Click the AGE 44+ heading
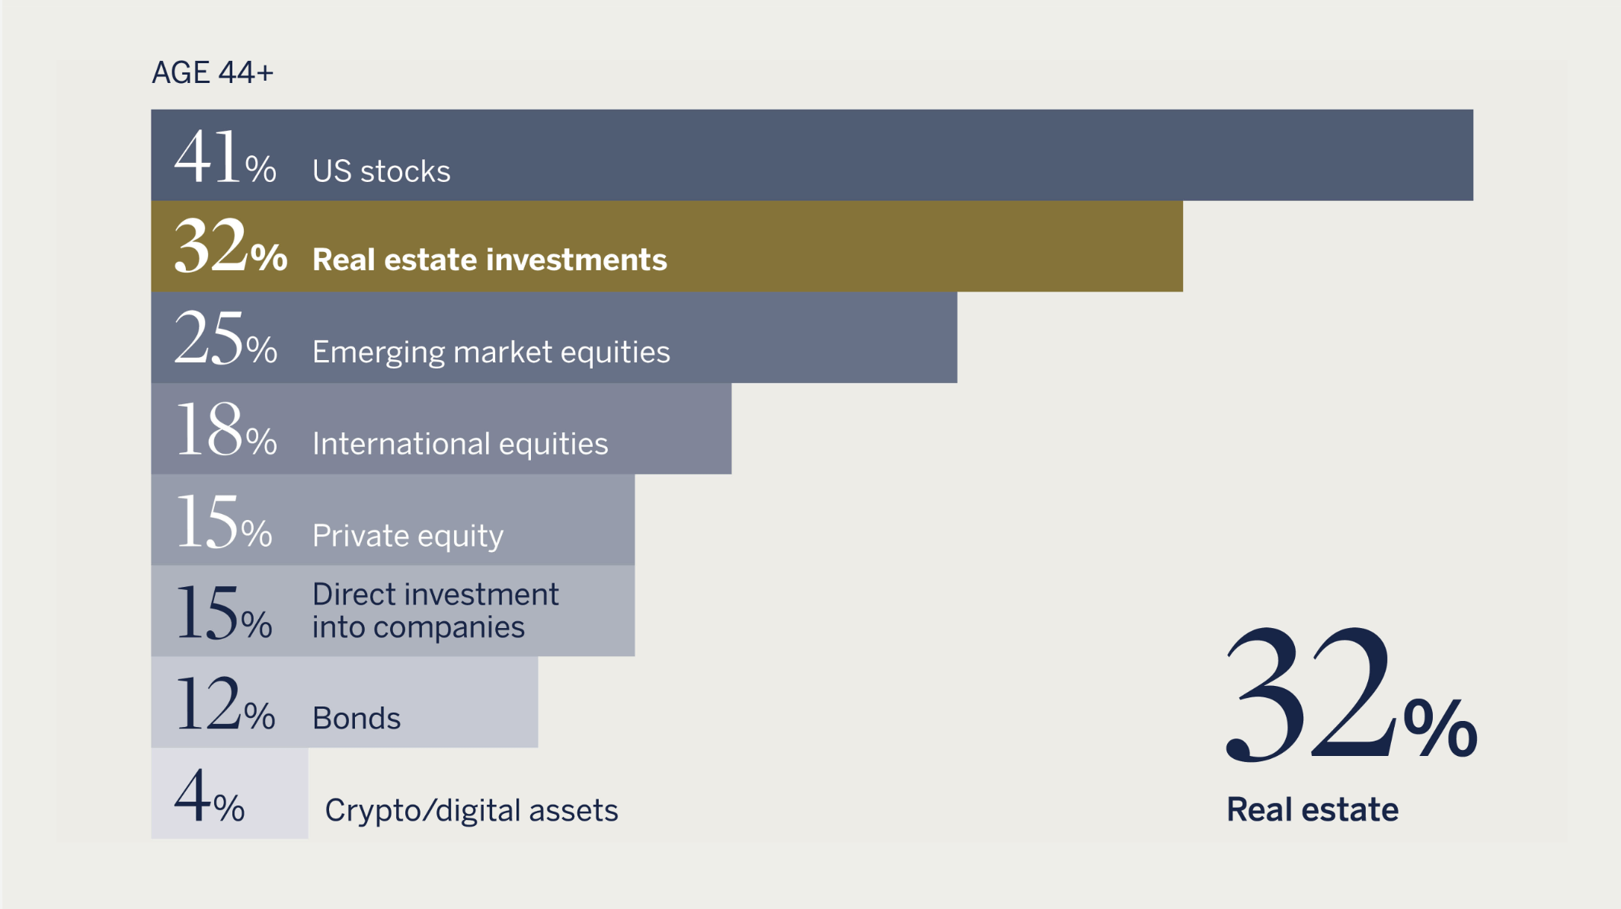point(213,72)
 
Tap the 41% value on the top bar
point(225,157)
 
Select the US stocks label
point(382,171)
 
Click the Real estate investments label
point(490,260)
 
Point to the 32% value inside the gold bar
point(231,246)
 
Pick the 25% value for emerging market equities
point(225,338)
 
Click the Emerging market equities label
point(491,352)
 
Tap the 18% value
point(226,429)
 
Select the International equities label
point(460,444)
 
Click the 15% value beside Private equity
point(224,521)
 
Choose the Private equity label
point(408,536)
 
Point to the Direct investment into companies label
point(436,611)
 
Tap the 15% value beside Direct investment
point(224,613)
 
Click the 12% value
point(225,704)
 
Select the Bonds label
point(356,719)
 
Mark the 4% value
point(209,795)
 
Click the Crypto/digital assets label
point(472,811)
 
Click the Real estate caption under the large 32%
point(1312,809)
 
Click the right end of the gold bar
point(1182,246)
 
